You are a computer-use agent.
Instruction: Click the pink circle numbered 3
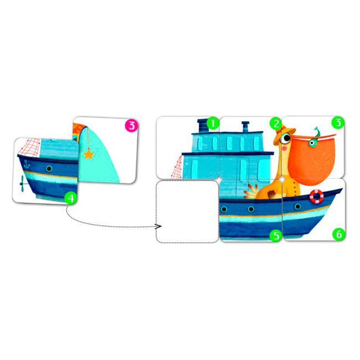[x=131, y=126]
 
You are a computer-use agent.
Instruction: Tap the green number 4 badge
[x=71, y=198]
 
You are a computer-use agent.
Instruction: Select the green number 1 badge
[x=213, y=124]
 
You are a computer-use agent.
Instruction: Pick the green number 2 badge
[x=275, y=124]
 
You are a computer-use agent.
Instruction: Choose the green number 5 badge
[x=275, y=235]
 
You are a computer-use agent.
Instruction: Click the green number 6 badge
[x=338, y=234]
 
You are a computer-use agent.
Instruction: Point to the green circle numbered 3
[x=338, y=122]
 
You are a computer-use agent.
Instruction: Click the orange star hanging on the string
[x=89, y=154]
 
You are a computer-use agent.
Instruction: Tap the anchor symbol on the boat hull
[x=27, y=164]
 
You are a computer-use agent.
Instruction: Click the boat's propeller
[x=23, y=183]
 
